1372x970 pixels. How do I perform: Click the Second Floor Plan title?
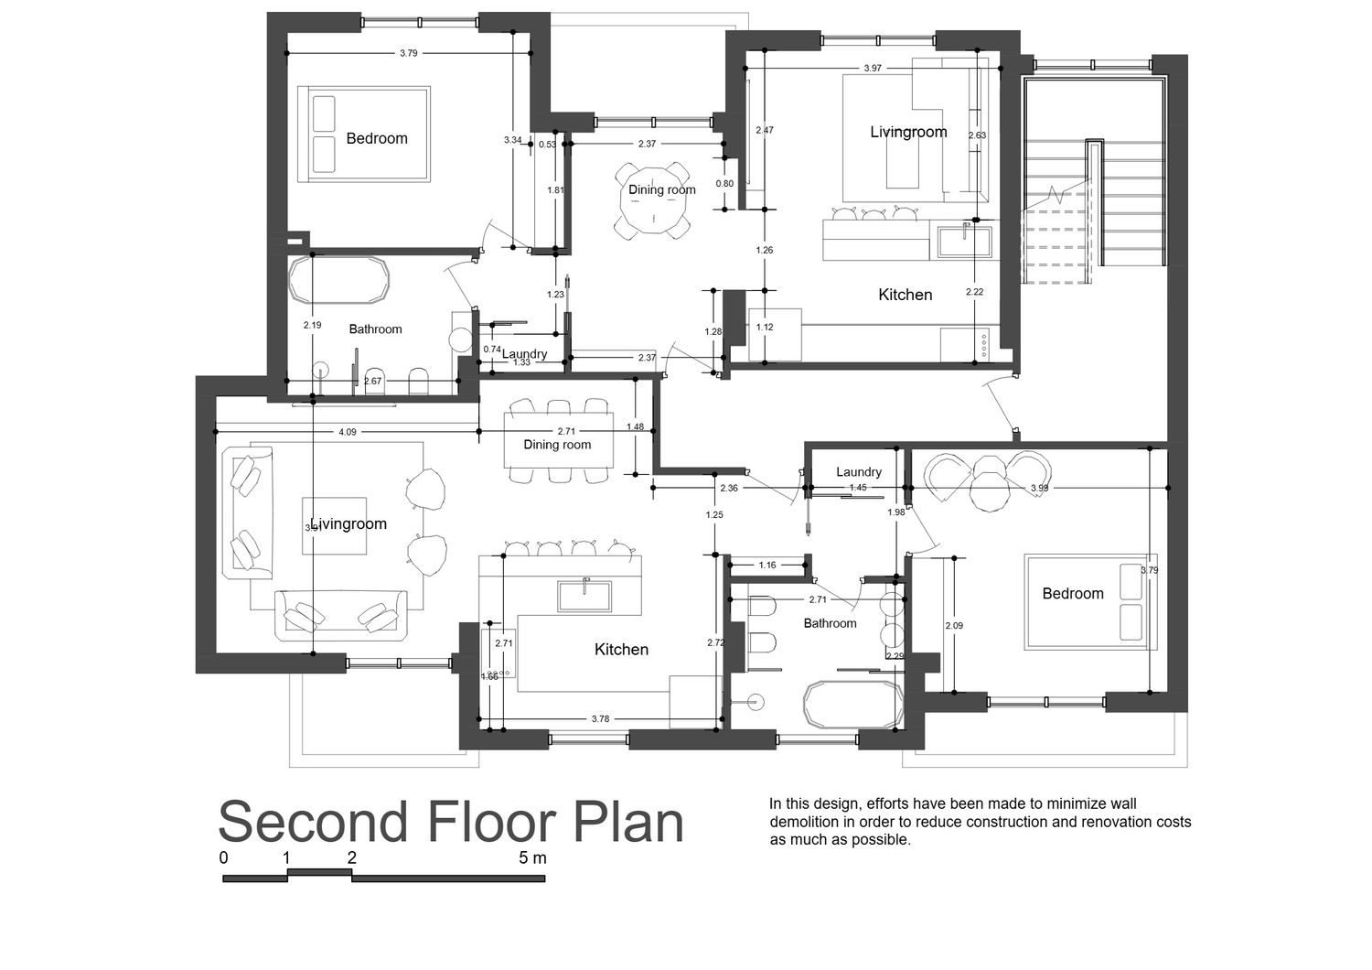(451, 822)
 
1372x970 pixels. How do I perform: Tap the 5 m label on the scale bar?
(532, 857)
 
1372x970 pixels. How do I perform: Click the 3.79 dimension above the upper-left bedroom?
(409, 53)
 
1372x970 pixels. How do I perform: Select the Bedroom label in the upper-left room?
(377, 138)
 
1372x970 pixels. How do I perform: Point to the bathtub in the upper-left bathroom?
(338, 280)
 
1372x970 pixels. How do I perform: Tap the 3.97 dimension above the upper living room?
(873, 68)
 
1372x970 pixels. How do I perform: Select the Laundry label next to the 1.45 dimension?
(859, 472)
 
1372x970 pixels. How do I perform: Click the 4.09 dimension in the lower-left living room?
(348, 432)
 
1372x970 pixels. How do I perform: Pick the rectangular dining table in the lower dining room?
(558, 440)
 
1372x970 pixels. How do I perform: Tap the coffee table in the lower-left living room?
(335, 526)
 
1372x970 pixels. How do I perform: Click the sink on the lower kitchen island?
(584, 596)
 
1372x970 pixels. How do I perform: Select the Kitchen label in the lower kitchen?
(621, 650)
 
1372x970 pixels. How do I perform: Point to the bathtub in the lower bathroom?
(853, 705)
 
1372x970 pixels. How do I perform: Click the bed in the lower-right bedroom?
(1090, 603)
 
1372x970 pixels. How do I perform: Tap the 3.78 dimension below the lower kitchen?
(600, 718)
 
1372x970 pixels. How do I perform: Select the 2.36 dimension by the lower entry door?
(729, 489)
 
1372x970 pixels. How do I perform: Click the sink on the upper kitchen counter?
(965, 241)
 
